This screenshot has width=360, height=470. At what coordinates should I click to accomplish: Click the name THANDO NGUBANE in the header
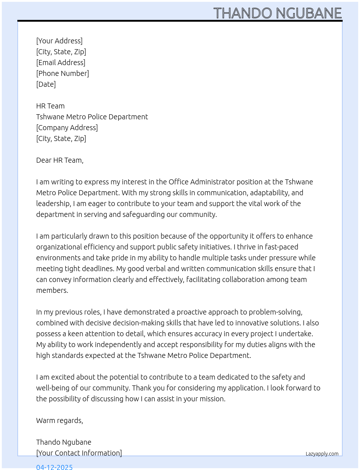pyautogui.click(x=277, y=13)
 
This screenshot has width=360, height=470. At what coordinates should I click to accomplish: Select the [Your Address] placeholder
pyautogui.click(x=59, y=41)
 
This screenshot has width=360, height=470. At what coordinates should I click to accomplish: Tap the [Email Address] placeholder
pyautogui.click(x=61, y=63)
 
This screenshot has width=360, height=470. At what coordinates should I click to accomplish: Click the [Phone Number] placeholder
pyautogui.click(x=63, y=73)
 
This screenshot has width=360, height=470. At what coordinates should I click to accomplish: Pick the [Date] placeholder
pyautogui.click(x=46, y=84)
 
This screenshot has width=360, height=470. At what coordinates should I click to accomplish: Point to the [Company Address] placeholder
pyautogui.click(x=67, y=128)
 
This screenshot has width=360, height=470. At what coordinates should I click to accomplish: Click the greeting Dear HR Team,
pyautogui.click(x=60, y=160)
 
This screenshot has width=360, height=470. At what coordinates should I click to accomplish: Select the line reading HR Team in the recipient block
pyautogui.click(x=50, y=106)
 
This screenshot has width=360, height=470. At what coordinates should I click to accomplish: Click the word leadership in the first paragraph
pyautogui.click(x=53, y=204)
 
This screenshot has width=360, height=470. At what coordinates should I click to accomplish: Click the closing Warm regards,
pyautogui.click(x=60, y=420)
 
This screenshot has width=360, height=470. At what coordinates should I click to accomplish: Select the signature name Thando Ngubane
pyautogui.click(x=64, y=442)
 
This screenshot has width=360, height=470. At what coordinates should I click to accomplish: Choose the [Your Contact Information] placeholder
pyautogui.click(x=79, y=453)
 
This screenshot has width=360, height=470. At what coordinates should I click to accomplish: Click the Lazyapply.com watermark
pyautogui.click(x=322, y=454)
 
